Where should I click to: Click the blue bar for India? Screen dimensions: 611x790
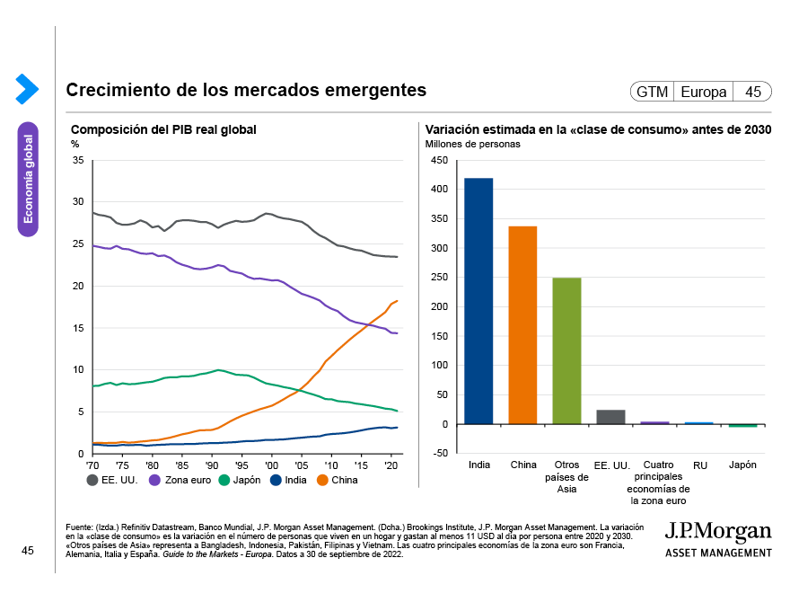tap(478, 301)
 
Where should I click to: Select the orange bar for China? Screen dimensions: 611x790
tap(522, 325)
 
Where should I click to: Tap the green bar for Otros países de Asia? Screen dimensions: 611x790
tap(566, 350)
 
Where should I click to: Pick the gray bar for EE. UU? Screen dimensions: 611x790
tap(610, 417)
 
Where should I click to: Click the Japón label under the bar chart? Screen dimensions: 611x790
tap(742, 465)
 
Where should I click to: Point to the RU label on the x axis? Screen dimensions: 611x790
tap(698, 465)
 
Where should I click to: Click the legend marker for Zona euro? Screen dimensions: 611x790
tap(154, 480)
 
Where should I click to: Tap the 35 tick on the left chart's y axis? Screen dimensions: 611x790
tap(77, 161)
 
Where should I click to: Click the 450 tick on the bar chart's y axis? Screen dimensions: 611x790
tap(438, 161)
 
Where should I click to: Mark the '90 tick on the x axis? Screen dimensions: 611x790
tap(212, 465)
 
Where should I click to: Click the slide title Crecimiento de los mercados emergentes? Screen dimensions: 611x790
tap(246, 91)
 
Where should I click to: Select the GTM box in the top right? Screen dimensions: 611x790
tap(652, 92)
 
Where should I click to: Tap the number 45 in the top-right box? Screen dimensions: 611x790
tap(752, 92)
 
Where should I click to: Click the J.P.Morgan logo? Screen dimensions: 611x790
tap(718, 536)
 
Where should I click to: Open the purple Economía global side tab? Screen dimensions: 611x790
tap(28, 179)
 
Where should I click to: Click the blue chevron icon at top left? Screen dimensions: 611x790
tap(26, 88)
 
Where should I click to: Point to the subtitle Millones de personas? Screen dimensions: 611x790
tap(472, 145)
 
